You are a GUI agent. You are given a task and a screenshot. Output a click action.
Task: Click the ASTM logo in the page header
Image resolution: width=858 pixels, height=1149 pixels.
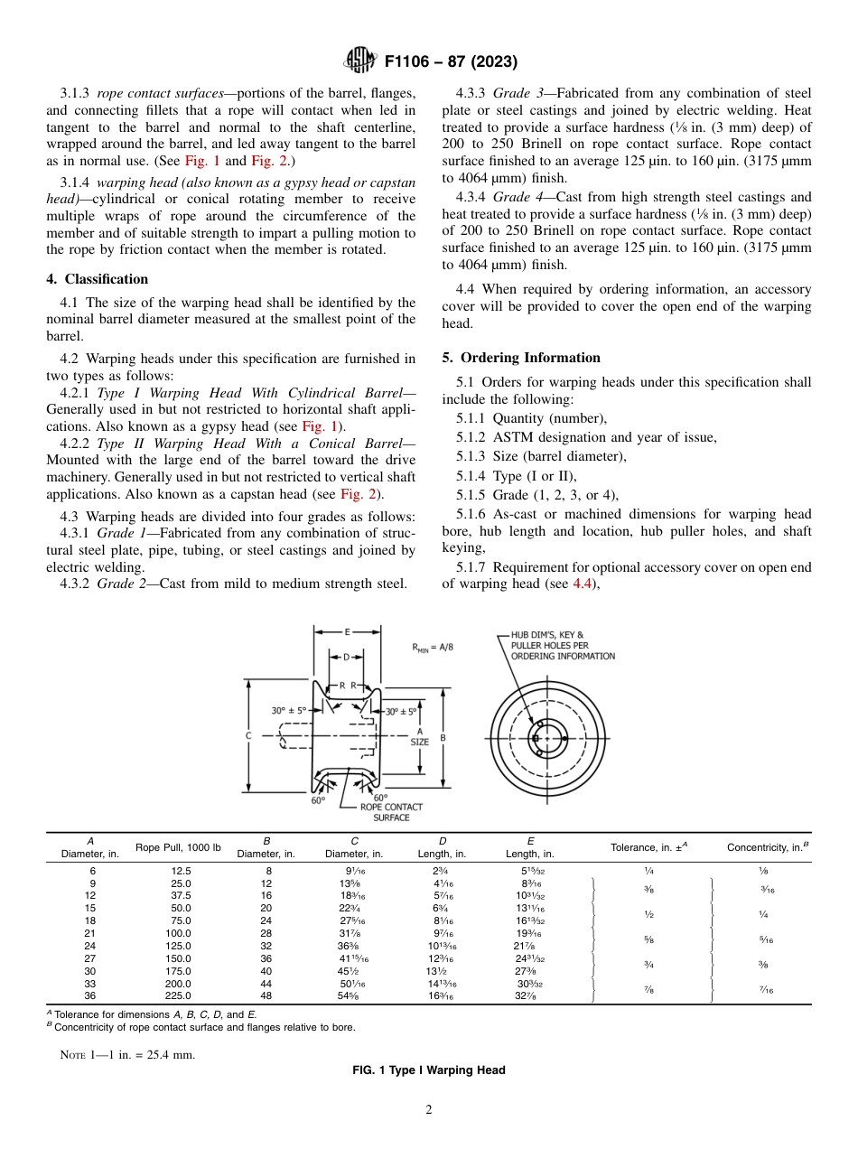pos(361,61)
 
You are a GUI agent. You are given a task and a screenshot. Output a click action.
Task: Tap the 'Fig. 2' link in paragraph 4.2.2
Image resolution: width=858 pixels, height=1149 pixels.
pos(363,494)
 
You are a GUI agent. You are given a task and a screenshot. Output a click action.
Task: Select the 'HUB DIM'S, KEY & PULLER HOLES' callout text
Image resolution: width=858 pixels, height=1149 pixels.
pos(562,645)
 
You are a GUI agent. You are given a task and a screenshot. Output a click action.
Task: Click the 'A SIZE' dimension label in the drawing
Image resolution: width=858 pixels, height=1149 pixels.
pos(419,737)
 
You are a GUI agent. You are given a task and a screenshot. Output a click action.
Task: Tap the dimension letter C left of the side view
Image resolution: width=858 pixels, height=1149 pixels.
pos(247,736)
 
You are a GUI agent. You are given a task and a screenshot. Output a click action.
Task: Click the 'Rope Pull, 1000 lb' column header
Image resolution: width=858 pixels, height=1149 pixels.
pos(178,847)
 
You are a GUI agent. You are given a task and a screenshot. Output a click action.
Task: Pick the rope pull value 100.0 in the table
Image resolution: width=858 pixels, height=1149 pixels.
pos(178,932)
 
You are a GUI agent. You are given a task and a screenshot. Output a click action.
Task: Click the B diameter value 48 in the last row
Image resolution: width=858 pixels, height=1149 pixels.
pos(266,996)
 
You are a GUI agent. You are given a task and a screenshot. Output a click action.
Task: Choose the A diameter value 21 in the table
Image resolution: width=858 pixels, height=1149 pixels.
pos(89,932)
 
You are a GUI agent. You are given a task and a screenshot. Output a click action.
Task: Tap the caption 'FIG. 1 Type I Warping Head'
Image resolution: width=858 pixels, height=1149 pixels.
pos(428,1070)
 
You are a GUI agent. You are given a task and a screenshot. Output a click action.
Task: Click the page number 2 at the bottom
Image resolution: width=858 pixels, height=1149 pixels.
pos(429,1110)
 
